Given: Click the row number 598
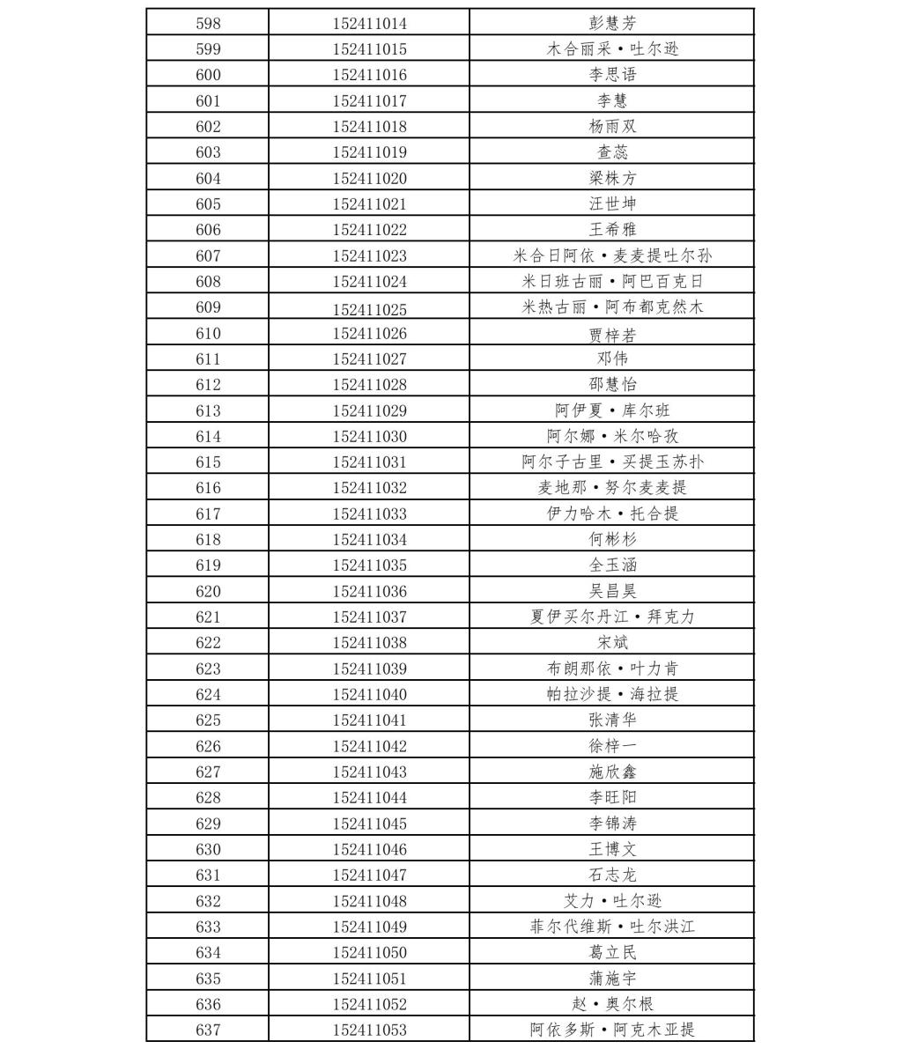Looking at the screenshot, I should click(x=208, y=23).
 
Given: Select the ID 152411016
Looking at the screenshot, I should click(x=370, y=75).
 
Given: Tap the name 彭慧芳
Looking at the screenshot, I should click(x=612, y=23).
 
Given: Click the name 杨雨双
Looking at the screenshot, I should click(x=612, y=126).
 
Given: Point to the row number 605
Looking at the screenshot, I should click(x=208, y=203).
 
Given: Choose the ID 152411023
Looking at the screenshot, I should click(x=370, y=255).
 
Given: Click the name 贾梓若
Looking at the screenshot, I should click(x=612, y=334).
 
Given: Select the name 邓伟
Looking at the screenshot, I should click(x=612, y=358).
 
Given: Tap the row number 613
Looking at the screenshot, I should click(x=208, y=410).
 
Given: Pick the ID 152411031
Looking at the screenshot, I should click(x=370, y=462).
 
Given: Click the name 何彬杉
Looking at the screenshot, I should click(x=612, y=539).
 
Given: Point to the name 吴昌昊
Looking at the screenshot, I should click(x=612, y=591).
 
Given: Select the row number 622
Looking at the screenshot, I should click(x=208, y=642).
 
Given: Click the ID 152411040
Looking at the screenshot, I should click(x=370, y=694).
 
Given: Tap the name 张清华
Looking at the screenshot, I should click(x=612, y=720).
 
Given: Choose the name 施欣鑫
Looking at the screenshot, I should click(x=612, y=772).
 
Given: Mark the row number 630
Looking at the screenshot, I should click(x=208, y=849).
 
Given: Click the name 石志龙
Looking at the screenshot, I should click(x=612, y=875).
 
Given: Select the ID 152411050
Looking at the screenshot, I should click(x=370, y=952).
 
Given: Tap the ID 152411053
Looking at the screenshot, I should click(x=370, y=1030).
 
